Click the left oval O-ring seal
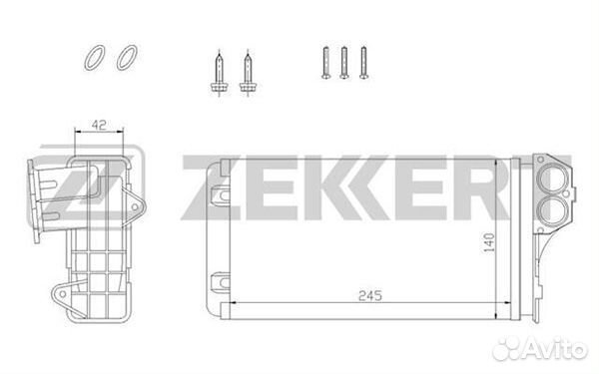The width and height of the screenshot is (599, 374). tap(88, 65)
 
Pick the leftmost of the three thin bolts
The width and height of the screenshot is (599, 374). tap(325, 63)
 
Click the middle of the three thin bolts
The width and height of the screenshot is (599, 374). tap(344, 63)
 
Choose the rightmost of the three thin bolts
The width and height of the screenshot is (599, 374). tap(363, 63)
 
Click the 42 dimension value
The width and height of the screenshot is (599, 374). tap(99, 125)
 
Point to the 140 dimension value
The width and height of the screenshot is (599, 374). tap(488, 242)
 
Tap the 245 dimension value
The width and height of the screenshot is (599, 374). tap(370, 295)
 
